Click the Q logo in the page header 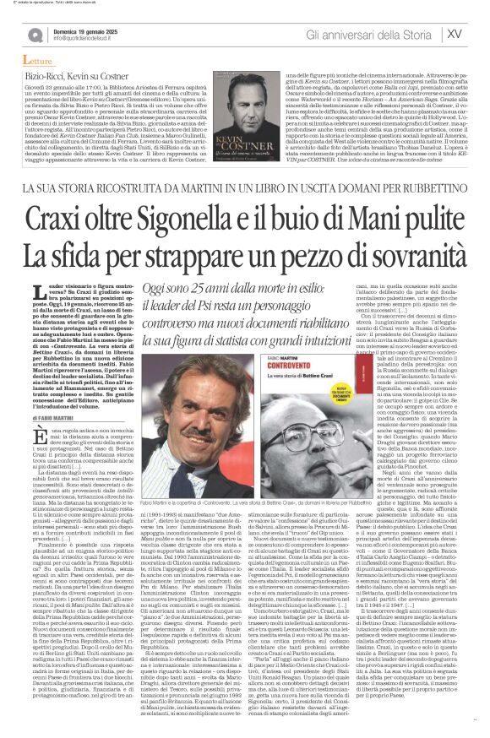click(36, 33)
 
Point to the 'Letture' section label click(37, 62)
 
